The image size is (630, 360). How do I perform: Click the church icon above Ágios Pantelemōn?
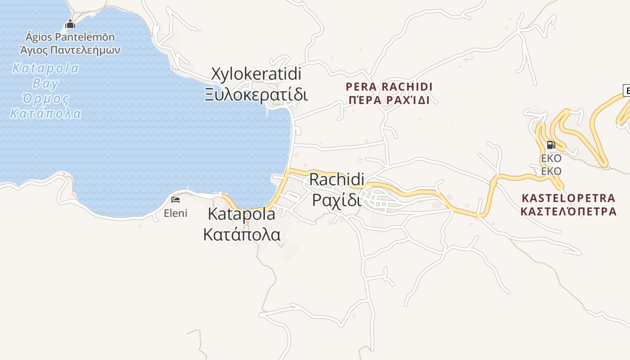[70, 24]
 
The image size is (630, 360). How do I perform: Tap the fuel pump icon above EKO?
[550, 145]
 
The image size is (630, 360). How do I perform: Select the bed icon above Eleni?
[175, 199]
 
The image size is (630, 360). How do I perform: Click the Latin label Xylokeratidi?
[256, 74]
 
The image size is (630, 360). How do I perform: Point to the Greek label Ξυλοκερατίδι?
[256, 95]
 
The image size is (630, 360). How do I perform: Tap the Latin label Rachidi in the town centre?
[337, 180]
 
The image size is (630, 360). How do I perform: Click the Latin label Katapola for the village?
[242, 214]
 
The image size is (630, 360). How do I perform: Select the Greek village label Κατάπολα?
[242, 234]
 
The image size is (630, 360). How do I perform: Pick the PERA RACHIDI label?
[389, 86]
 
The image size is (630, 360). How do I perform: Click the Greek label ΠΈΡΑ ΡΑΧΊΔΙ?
[389, 100]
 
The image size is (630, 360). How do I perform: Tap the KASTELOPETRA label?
[568, 198]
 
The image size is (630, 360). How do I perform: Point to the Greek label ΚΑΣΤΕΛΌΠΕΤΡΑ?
[568, 211]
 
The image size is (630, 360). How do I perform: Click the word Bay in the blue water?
[45, 83]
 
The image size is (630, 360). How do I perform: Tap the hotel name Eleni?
[175, 213]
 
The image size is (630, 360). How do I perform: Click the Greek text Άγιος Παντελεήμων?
[70, 49]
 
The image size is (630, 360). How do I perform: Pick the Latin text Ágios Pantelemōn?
[70, 37]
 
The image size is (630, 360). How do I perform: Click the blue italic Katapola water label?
[45, 68]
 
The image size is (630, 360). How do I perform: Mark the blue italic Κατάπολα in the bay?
[45, 113]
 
